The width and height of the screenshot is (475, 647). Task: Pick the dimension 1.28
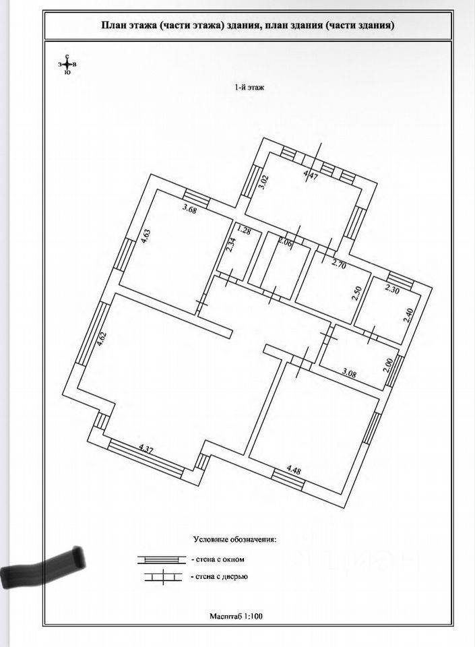245,233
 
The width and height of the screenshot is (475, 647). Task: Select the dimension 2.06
286,244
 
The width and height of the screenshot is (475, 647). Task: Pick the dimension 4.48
294,469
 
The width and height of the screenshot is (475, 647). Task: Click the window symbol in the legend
161,559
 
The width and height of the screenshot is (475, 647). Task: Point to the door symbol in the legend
161,577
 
